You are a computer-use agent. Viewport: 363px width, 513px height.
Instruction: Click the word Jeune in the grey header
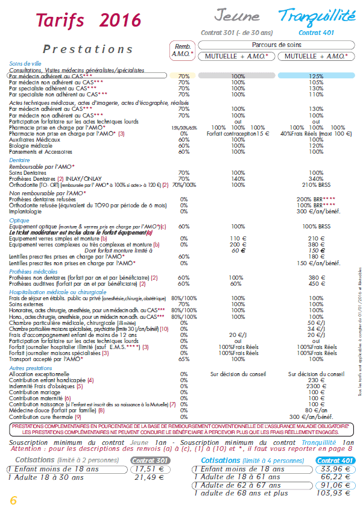click(237, 16)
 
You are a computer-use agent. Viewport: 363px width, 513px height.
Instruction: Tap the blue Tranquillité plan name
click(317, 16)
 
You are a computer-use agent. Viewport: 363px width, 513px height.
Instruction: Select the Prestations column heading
click(87, 49)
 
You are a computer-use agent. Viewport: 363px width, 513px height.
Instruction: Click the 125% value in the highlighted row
click(316, 77)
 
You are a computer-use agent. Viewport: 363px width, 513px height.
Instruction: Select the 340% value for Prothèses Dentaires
click(315, 179)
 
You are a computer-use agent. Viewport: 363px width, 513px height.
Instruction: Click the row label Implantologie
click(25, 212)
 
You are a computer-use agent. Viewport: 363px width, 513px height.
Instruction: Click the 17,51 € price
click(150, 469)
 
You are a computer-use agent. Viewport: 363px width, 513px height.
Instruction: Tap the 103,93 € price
click(333, 493)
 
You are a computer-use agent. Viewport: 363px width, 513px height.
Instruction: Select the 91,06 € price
click(333, 485)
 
